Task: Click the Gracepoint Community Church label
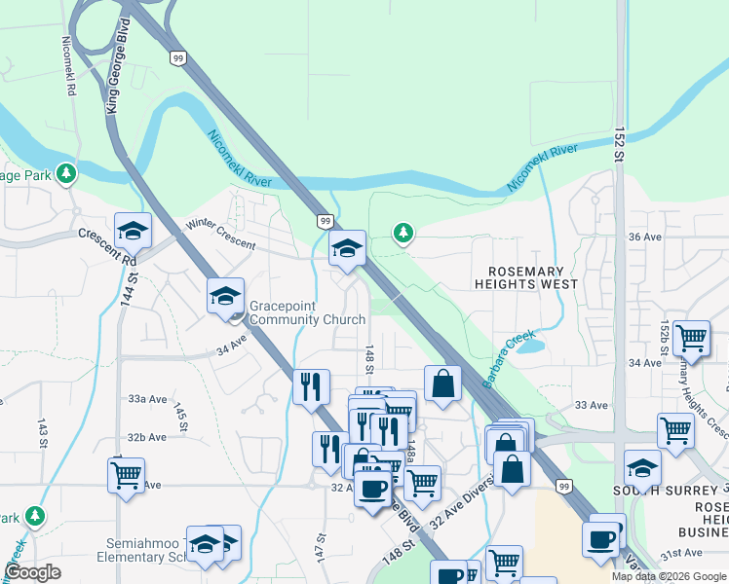tap(307, 312)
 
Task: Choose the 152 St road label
tap(619, 149)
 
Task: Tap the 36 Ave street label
tap(644, 237)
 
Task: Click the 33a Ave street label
tap(146, 398)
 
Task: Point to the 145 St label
tap(181, 414)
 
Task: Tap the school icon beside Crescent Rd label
tap(134, 231)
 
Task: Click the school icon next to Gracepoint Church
tap(225, 296)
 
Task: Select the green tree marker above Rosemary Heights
tap(403, 232)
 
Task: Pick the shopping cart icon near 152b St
tap(691, 338)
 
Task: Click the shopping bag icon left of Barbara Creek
tap(442, 383)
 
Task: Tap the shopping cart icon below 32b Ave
tap(126, 475)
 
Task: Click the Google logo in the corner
tap(33, 572)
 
